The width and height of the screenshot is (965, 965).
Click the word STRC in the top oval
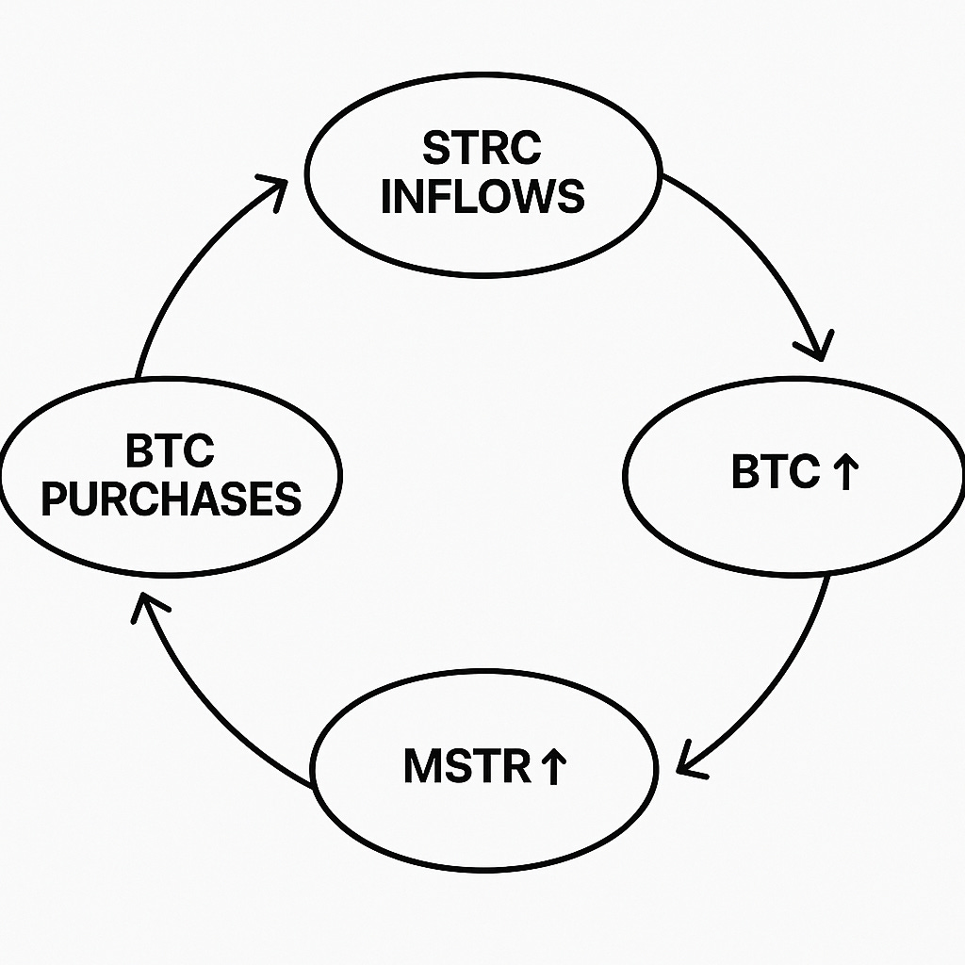tap(482, 148)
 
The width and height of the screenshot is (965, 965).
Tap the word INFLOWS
tap(482, 196)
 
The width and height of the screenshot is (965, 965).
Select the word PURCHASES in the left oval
tap(171, 498)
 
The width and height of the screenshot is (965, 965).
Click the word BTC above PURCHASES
tap(170, 451)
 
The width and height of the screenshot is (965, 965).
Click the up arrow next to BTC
tap(846, 473)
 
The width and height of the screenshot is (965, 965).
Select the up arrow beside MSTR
tap(552, 767)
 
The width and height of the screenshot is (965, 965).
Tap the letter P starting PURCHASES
tap(57, 498)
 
